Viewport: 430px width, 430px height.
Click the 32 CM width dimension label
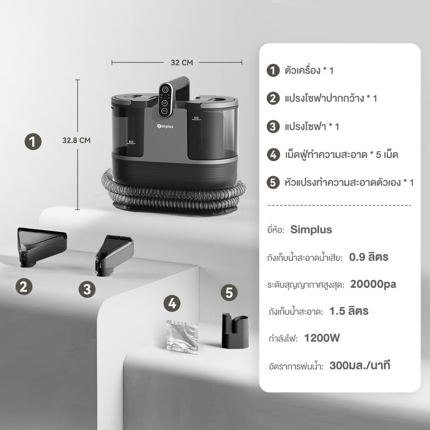182,63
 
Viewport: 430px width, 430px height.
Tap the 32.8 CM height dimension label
76,140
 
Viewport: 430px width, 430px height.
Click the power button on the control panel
165,90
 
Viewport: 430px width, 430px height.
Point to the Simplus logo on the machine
165,126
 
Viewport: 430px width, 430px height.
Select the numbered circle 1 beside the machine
33,142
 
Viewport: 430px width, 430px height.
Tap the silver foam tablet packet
182,336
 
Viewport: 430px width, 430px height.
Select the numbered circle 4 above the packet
172,303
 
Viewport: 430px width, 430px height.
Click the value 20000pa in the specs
373,284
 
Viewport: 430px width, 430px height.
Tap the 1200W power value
322,338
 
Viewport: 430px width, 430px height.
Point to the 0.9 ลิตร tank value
369,257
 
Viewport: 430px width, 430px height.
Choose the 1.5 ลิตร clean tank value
349,311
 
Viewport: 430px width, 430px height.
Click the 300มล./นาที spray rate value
360,365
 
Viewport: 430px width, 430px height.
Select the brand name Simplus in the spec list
311,230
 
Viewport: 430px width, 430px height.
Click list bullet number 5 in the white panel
273,183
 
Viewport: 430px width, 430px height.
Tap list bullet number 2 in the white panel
273,98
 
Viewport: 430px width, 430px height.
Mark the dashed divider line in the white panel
339,205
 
